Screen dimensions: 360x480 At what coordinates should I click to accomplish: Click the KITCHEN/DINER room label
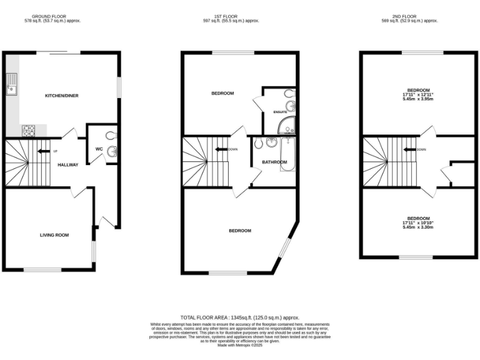(x=61, y=96)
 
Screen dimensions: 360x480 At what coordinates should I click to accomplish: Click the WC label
(x=99, y=149)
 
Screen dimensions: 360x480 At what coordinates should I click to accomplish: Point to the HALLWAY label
(x=68, y=165)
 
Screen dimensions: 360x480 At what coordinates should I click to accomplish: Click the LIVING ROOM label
(x=54, y=235)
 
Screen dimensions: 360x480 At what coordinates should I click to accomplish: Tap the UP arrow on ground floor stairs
(x=44, y=151)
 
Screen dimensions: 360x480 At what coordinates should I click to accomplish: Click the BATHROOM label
(x=274, y=162)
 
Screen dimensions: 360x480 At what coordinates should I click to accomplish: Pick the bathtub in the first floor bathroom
(x=287, y=154)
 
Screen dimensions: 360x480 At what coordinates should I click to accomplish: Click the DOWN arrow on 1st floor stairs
(x=220, y=149)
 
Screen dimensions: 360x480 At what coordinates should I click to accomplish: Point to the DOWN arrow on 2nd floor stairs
(x=409, y=149)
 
